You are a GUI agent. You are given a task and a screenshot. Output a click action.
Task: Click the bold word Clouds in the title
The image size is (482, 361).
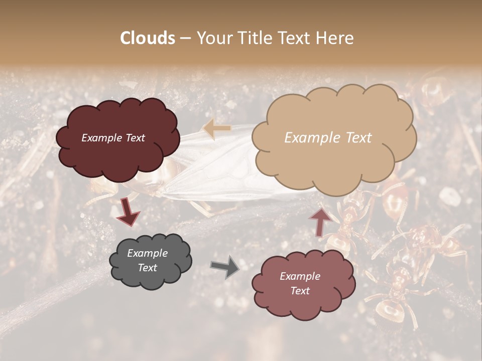148,38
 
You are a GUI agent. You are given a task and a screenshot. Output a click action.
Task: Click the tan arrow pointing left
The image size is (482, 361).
217,128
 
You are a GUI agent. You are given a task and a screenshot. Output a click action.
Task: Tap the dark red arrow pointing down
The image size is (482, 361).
128,211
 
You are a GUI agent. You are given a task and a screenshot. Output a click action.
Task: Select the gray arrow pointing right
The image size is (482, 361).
225,267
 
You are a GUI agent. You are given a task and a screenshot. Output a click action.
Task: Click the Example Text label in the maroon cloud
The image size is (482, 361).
113,138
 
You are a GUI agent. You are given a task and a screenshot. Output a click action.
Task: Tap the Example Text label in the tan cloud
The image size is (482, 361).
328,138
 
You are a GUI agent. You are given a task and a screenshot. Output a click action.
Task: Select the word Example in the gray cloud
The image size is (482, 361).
147,253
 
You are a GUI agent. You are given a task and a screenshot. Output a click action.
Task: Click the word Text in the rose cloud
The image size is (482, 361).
300,291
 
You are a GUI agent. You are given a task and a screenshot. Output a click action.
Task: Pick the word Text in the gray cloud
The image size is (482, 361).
147,268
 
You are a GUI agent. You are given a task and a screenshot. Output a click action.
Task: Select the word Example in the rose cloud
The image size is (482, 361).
300,276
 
